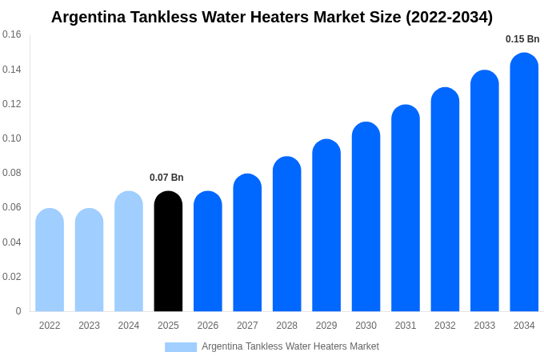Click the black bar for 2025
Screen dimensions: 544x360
pyautogui.click(x=168, y=250)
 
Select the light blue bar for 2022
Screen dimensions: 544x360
pyautogui.click(x=50, y=259)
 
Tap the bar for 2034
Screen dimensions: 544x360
pyautogui.click(x=524, y=182)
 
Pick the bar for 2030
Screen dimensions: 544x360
pyautogui.click(x=366, y=217)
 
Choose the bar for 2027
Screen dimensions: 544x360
pyautogui.click(x=247, y=242)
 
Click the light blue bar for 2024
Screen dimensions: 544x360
pyautogui.click(x=129, y=250)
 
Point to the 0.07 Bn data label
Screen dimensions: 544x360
pyautogui.click(x=166, y=178)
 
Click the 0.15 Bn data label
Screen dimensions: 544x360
pyautogui.click(x=522, y=39)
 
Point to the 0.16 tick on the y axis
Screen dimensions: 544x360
pyautogui.click(x=12, y=34)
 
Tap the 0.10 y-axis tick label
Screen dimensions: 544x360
pyautogui.click(x=12, y=138)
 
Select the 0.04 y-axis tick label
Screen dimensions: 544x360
pyautogui.click(x=12, y=242)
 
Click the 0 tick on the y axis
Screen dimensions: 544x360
pyautogui.click(x=18, y=310)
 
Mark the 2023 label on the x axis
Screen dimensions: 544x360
pyautogui.click(x=89, y=326)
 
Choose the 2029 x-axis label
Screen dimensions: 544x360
pyautogui.click(x=326, y=326)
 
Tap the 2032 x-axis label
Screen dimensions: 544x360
pyautogui.click(x=445, y=326)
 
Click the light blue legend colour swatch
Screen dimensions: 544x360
pyautogui.click(x=181, y=347)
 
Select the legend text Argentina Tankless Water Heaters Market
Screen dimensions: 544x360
pyautogui.click(x=290, y=346)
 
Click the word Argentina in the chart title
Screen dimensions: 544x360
pyautogui.click(x=89, y=18)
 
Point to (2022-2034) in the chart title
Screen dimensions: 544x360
pyautogui.click(x=450, y=17)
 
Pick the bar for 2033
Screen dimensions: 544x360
pyautogui.click(x=485, y=190)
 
